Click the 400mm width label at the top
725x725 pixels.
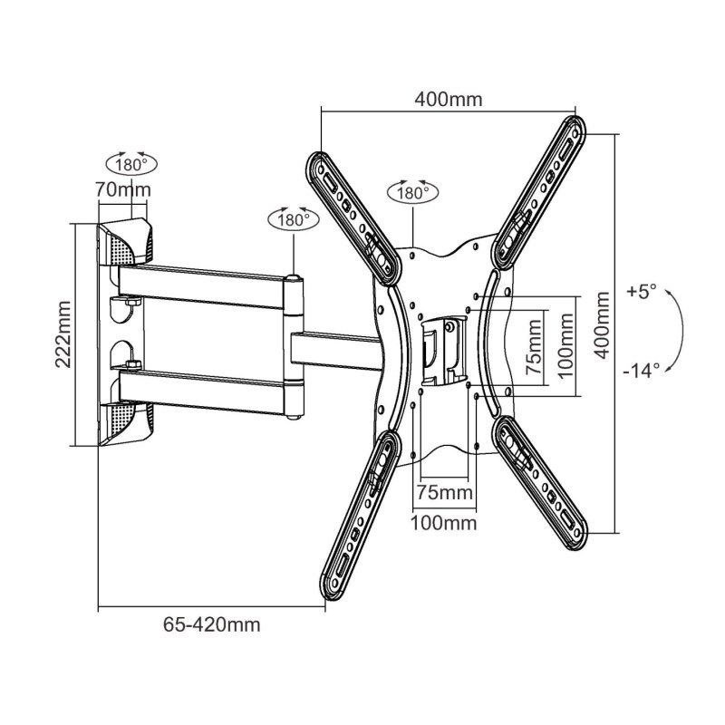449,99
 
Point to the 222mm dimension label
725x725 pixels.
63,333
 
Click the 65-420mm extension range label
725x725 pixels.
212,624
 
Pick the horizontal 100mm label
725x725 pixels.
444,524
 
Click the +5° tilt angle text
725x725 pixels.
640,292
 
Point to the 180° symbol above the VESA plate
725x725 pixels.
412,193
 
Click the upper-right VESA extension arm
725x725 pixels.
541,191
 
